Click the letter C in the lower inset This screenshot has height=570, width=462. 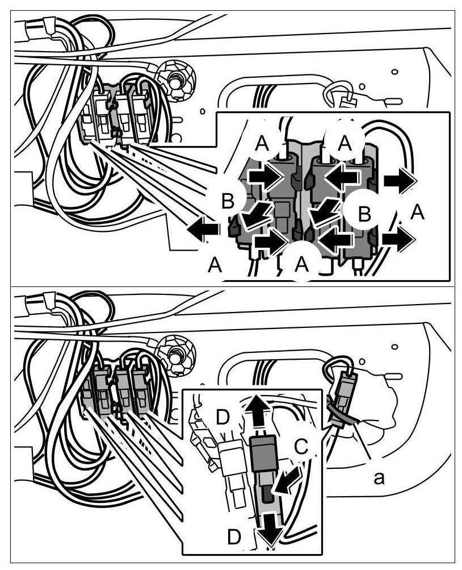pyautogui.click(x=301, y=447)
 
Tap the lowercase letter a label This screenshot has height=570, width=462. pyautogui.click(x=379, y=478)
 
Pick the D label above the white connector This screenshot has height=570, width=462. pyautogui.click(x=222, y=418)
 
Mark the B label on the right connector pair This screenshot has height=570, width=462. pyautogui.click(x=364, y=214)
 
